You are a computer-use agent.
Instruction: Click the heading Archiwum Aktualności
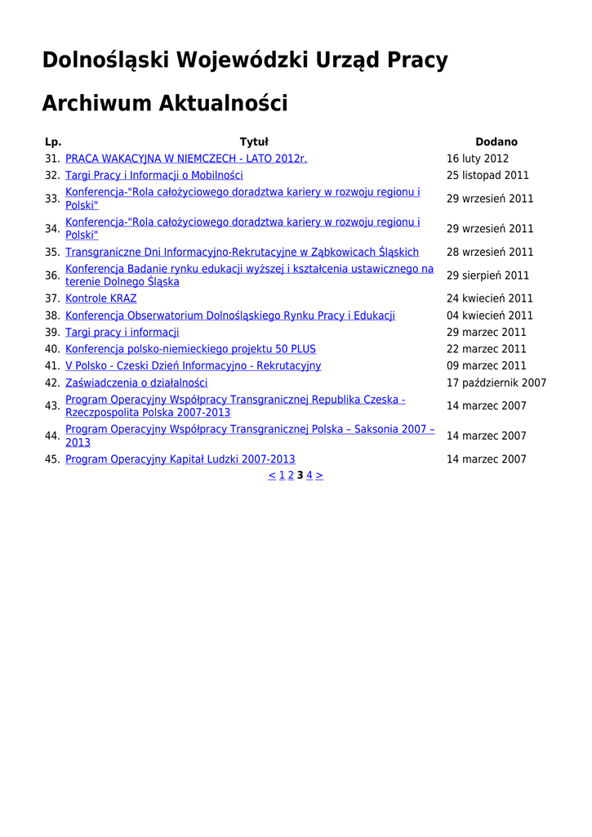coord(164,104)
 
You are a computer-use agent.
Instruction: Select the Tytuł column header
coord(254,142)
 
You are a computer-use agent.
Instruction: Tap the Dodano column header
coord(496,142)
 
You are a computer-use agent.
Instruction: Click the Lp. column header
coord(53,142)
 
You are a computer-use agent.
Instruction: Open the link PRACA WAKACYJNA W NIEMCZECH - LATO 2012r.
coord(186,159)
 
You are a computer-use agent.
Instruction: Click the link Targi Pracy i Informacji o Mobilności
coord(154,175)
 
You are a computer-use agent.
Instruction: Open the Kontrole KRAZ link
coord(101,298)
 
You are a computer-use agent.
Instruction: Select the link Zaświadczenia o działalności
coord(136,383)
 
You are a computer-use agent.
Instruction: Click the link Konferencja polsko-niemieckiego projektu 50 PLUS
coord(190,349)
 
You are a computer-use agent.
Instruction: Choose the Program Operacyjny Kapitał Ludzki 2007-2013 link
coord(180,459)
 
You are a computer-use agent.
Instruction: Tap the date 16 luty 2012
coord(478,159)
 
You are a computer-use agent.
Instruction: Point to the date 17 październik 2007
coord(496,383)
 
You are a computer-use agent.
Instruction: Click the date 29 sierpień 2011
coord(487,275)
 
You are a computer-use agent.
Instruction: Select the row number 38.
coord(52,316)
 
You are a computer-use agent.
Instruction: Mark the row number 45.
coord(52,459)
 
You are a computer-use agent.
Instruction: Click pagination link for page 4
coord(309,475)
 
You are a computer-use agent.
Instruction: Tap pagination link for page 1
coord(282,475)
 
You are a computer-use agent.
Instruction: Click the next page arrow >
coord(319,475)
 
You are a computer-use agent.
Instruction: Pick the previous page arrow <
coord(272,475)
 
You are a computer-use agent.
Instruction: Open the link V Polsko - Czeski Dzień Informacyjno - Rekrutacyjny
coord(193,365)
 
